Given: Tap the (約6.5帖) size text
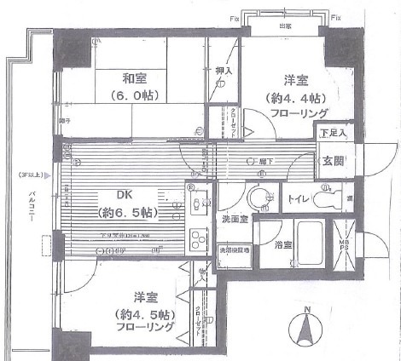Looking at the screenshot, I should (x=125, y=211).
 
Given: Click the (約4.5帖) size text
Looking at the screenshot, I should (x=144, y=313).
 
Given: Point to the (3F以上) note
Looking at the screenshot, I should (x=30, y=176).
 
